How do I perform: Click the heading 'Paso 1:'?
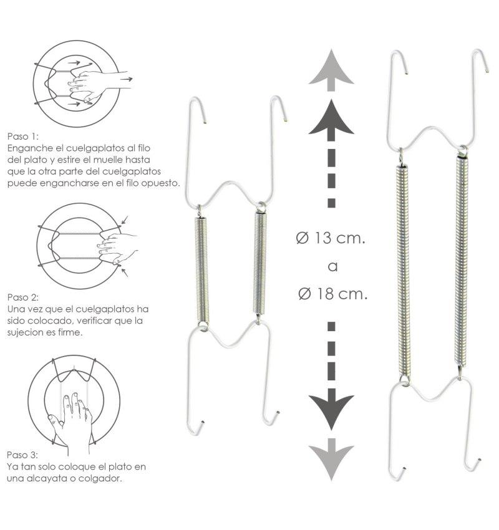tap(23, 137)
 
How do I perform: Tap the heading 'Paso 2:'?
tap(23, 297)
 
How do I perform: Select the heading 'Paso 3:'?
tap(22, 455)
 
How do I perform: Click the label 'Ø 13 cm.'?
tap(331, 238)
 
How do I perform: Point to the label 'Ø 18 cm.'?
tap(333, 294)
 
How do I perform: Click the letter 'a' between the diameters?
tap(332, 267)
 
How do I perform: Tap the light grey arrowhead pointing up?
tap(331, 70)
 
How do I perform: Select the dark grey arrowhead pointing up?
tap(331, 119)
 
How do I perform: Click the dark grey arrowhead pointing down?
tap(331, 409)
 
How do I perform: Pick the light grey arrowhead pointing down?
tap(331, 460)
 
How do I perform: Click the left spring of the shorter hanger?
tap(202, 271)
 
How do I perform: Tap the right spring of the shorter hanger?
tap(260, 263)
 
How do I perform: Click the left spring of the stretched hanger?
tap(402, 271)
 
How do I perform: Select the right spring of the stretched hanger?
tap(462, 261)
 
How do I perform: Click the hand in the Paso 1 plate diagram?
tap(100, 85)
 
